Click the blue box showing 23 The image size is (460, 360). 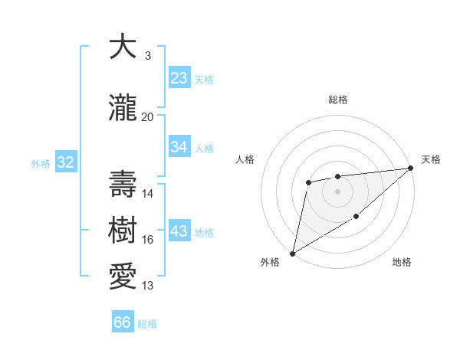179,78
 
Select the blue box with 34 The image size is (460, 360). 179,148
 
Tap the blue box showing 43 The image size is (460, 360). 179,231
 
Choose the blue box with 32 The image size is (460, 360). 65,162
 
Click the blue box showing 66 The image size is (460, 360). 123,322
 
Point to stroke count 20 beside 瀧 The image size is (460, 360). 148,117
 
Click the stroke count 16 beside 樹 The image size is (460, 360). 148,240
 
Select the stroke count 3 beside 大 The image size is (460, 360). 147,56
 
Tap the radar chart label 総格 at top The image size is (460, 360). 338,100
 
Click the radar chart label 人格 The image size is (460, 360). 245,159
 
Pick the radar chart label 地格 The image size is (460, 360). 402,263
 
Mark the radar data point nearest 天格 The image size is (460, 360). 412,169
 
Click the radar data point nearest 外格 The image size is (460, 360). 292,253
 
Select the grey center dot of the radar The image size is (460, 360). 337,191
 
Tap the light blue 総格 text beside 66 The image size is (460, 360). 147,324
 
